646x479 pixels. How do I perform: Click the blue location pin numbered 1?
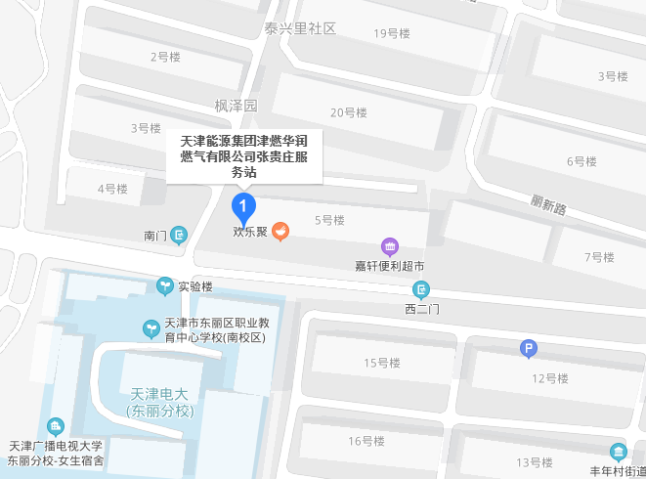click(x=242, y=206)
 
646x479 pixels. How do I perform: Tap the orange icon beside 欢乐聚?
click(x=280, y=233)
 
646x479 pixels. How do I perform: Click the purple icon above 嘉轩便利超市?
click(x=389, y=246)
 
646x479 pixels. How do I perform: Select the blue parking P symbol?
click(x=528, y=348)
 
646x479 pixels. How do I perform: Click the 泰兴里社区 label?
click(x=300, y=28)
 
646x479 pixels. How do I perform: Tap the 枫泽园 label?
click(x=236, y=105)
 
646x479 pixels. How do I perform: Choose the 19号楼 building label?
click(x=392, y=33)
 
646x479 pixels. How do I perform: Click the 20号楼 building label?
click(x=348, y=112)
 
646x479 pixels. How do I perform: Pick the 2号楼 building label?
click(x=165, y=57)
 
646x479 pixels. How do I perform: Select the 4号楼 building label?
click(x=112, y=188)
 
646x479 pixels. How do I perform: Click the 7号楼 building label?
click(x=599, y=257)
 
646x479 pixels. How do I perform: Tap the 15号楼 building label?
click(x=382, y=364)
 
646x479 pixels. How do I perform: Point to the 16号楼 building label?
click(x=366, y=441)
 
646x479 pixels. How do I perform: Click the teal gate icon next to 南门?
click(x=179, y=235)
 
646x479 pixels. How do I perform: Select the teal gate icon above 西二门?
click(x=422, y=289)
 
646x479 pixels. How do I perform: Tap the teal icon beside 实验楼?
click(x=165, y=286)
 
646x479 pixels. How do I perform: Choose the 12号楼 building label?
click(x=550, y=377)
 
